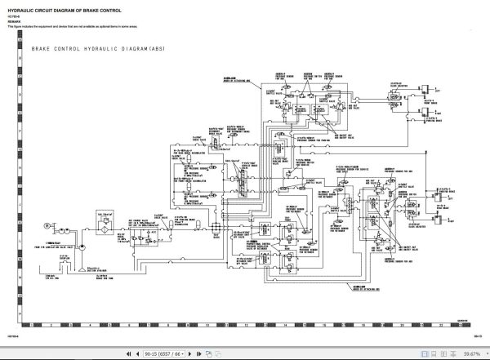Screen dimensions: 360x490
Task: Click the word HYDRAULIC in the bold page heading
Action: pyautogui.click(x=24, y=7)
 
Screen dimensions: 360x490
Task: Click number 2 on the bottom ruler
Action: pyautogui.click(x=50, y=325)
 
